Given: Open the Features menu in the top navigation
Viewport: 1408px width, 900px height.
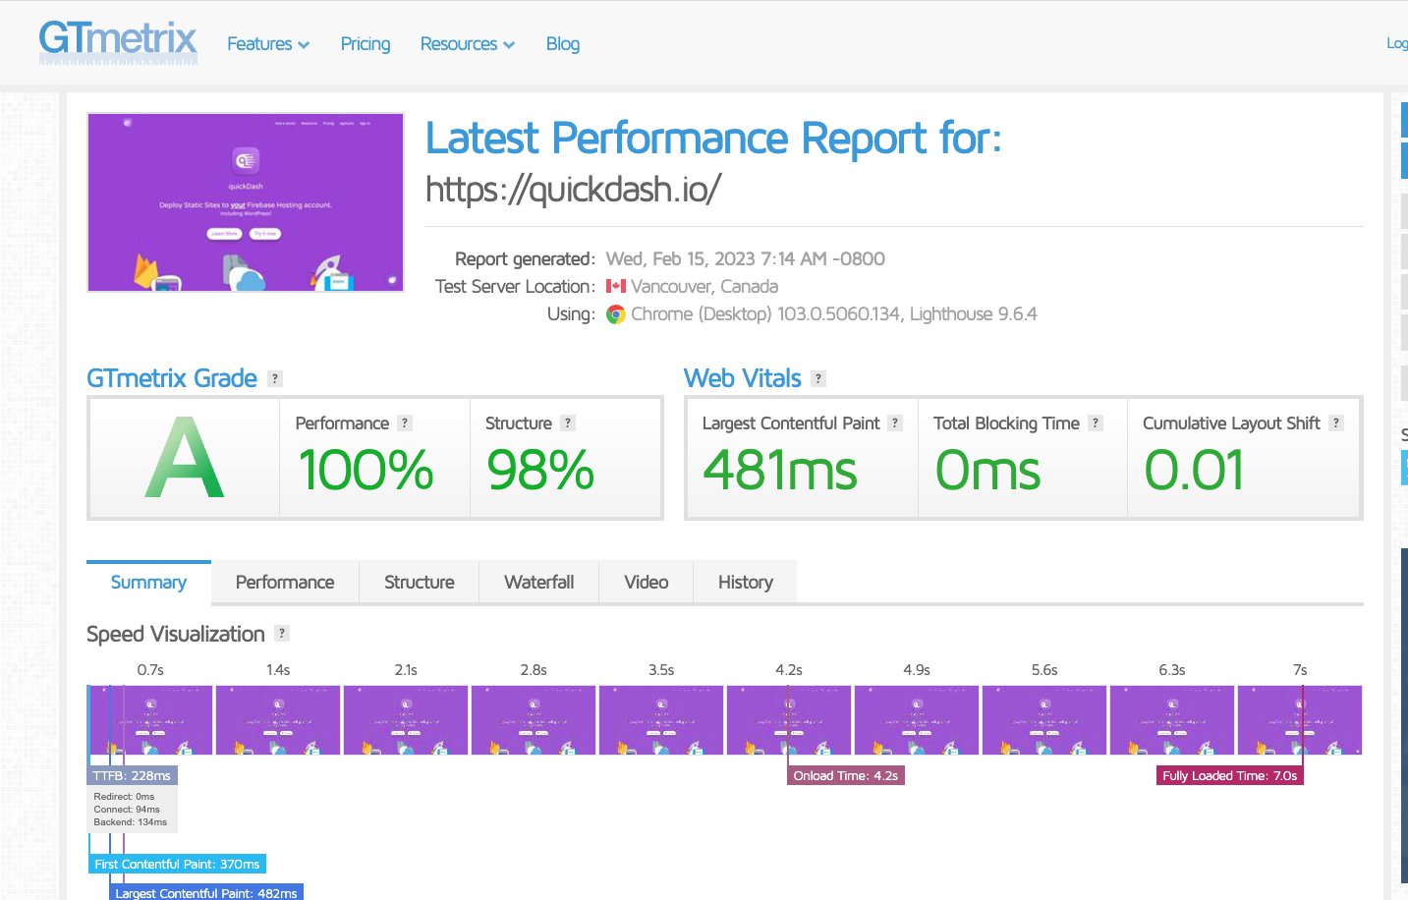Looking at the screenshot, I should point(267,44).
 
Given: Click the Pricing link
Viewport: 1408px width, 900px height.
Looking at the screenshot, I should point(366,44).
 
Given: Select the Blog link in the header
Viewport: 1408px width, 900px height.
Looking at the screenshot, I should point(563,44).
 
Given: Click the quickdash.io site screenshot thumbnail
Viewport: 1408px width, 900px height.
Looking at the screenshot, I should point(246,202).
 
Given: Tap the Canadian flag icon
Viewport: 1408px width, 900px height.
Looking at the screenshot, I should point(616,286).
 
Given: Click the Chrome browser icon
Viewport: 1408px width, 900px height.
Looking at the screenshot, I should point(616,314).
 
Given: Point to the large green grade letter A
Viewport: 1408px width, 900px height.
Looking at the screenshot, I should point(184,458).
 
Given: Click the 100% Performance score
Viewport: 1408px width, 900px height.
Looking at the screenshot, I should point(366,470).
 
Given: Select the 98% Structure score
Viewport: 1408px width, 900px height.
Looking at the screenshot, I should point(540,470).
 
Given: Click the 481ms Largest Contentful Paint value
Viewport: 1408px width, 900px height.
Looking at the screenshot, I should point(780,470).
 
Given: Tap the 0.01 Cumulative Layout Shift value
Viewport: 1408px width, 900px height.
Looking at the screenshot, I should point(1194,470).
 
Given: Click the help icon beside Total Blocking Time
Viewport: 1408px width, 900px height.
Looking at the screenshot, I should point(1096,423).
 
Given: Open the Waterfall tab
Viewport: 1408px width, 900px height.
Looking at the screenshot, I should point(538,583).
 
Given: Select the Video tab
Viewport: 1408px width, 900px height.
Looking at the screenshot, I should point(646,583).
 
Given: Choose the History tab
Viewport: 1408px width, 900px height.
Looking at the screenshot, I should point(745,583).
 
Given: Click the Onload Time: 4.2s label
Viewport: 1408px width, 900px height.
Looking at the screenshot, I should point(846,776).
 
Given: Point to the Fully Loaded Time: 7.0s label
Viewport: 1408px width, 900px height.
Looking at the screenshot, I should point(1229,776).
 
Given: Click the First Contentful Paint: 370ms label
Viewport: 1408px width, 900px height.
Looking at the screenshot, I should point(177,865).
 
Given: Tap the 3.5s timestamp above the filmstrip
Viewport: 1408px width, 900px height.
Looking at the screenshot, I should point(661,670).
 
